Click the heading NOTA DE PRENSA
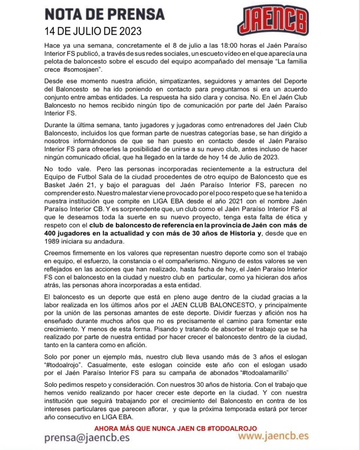(104, 14)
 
